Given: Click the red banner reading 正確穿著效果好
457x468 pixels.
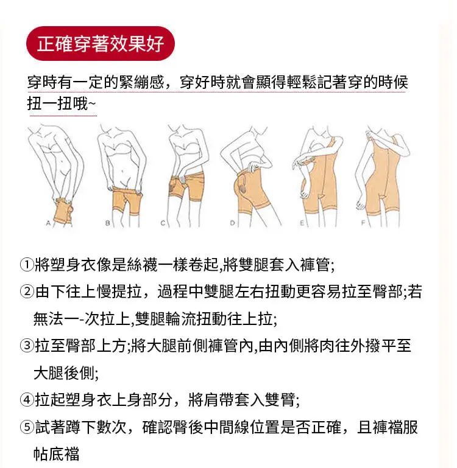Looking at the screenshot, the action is [x=101, y=44].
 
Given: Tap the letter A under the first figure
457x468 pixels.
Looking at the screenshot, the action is [x=48, y=223].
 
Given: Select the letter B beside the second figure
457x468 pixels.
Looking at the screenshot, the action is [x=108, y=223].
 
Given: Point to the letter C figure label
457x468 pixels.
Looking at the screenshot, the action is [x=163, y=223].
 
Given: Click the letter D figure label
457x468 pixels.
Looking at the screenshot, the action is [x=232, y=223].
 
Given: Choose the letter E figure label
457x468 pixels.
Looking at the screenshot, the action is [x=302, y=223].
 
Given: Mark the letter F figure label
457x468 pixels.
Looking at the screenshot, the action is [x=363, y=223].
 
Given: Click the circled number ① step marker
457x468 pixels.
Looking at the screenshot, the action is [x=27, y=265].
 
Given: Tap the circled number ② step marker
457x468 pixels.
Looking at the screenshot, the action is [x=27, y=292].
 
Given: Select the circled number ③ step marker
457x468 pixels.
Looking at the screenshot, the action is [x=27, y=346].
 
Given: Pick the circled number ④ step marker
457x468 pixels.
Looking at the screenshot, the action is [x=27, y=400].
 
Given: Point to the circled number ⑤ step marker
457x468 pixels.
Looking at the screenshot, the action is [x=27, y=427].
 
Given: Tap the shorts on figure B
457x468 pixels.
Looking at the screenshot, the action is [x=127, y=200].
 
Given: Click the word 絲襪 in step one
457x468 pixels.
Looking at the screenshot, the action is [x=142, y=265].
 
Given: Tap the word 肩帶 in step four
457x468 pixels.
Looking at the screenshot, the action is [x=219, y=400].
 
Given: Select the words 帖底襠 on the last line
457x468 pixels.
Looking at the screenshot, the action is [x=57, y=454].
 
